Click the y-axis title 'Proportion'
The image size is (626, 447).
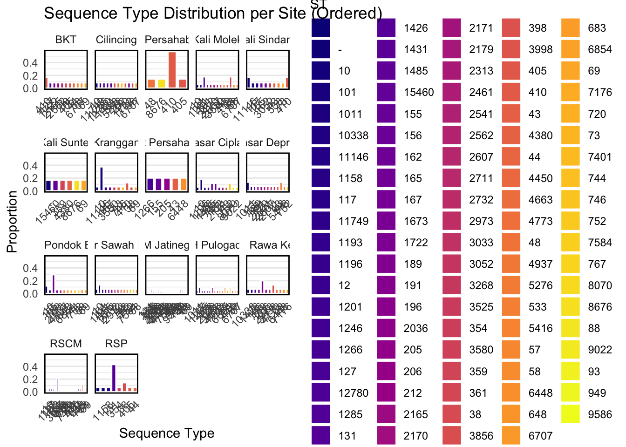click(x=12, y=222)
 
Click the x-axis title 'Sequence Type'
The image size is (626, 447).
click(x=167, y=433)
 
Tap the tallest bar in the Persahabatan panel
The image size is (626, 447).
click(x=172, y=70)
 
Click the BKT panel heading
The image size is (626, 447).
click(x=66, y=40)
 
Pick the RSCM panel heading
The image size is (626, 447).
click(x=66, y=344)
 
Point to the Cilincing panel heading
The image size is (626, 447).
click(x=116, y=40)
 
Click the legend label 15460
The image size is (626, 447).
click(x=419, y=92)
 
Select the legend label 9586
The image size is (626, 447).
click(x=600, y=414)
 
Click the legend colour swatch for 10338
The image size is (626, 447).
click(x=321, y=135)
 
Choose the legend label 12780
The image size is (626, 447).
click(x=354, y=393)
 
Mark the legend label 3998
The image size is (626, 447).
click(x=540, y=49)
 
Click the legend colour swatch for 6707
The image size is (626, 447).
click(x=511, y=436)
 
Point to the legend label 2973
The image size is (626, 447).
click(x=481, y=221)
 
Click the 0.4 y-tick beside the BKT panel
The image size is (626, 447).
click(x=30, y=63)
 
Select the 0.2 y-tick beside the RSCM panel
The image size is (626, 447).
click(x=30, y=379)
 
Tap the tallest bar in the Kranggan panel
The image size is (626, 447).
click(x=102, y=179)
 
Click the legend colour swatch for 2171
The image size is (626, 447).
click(x=451, y=28)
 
